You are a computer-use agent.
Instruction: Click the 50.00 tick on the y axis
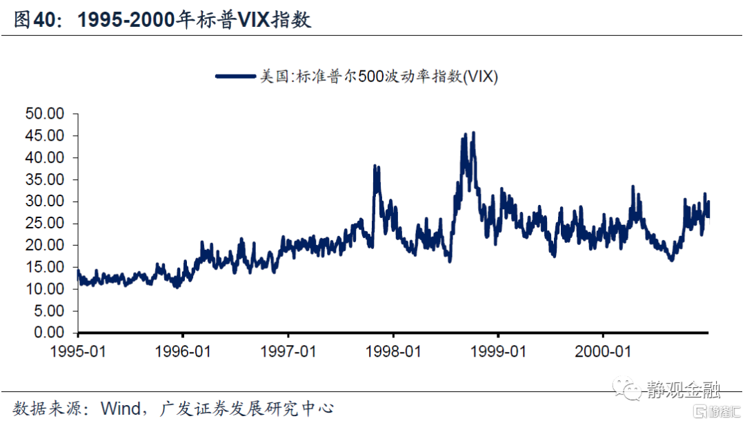[x=44, y=114]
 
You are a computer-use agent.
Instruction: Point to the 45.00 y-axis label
[x=44, y=136]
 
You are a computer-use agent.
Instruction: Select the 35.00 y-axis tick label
[x=44, y=179]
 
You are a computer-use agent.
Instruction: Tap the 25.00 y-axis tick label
[x=44, y=224]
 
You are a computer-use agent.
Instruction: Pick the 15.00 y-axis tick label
[x=44, y=267]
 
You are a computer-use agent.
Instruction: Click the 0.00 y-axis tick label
[x=48, y=333]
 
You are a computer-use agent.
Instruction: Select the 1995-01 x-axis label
[x=78, y=351]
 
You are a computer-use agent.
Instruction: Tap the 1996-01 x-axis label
[x=183, y=351]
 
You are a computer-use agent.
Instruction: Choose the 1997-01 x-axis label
[x=288, y=351]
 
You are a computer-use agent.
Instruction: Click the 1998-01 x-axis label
[x=393, y=351]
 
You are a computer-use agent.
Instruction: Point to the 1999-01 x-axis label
[x=498, y=351]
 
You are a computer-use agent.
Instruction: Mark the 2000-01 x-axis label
[x=602, y=351]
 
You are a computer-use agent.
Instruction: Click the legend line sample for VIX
[x=235, y=76]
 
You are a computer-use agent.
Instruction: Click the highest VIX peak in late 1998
[x=473, y=132]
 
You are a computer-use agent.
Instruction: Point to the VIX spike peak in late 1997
[x=375, y=166]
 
